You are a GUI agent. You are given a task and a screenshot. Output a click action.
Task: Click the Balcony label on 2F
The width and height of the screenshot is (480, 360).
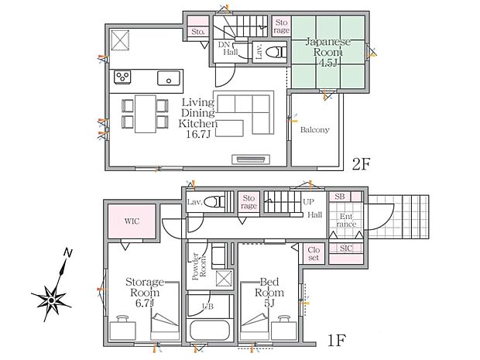point(314,130)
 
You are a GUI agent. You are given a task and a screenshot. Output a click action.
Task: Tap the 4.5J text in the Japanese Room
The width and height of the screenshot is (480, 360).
point(327,63)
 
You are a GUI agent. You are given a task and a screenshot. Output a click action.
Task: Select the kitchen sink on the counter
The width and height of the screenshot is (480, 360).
point(169,77)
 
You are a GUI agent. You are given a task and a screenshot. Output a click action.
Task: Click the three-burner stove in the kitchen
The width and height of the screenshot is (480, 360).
point(122,77)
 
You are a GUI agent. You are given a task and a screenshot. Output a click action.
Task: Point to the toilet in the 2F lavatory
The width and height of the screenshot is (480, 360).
point(276,52)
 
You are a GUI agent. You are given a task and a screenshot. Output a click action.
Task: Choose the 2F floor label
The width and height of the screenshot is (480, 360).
point(362,164)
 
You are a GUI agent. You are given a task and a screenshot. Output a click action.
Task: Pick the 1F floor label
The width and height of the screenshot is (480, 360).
point(337,340)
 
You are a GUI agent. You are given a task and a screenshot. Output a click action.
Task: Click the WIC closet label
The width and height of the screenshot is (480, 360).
point(132,221)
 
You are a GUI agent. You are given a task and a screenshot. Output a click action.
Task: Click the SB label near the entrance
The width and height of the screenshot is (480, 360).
point(340,196)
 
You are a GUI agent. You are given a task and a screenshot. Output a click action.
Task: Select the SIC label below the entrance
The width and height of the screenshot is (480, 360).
point(346,249)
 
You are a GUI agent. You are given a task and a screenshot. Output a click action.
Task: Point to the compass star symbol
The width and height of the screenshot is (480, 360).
point(51,300)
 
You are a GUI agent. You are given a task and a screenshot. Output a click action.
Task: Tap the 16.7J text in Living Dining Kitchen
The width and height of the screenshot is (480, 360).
point(198,134)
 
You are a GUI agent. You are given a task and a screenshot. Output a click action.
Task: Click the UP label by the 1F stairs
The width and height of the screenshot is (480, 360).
point(308,202)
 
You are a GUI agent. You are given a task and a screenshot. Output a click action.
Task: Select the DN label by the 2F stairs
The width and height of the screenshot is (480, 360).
point(224,45)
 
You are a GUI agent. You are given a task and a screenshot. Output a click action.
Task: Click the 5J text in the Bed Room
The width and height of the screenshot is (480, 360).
point(269,303)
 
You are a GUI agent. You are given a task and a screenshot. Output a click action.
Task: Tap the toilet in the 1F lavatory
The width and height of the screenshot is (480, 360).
point(214,202)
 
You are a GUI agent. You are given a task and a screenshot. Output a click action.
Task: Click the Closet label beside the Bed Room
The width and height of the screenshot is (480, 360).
point(314,254)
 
